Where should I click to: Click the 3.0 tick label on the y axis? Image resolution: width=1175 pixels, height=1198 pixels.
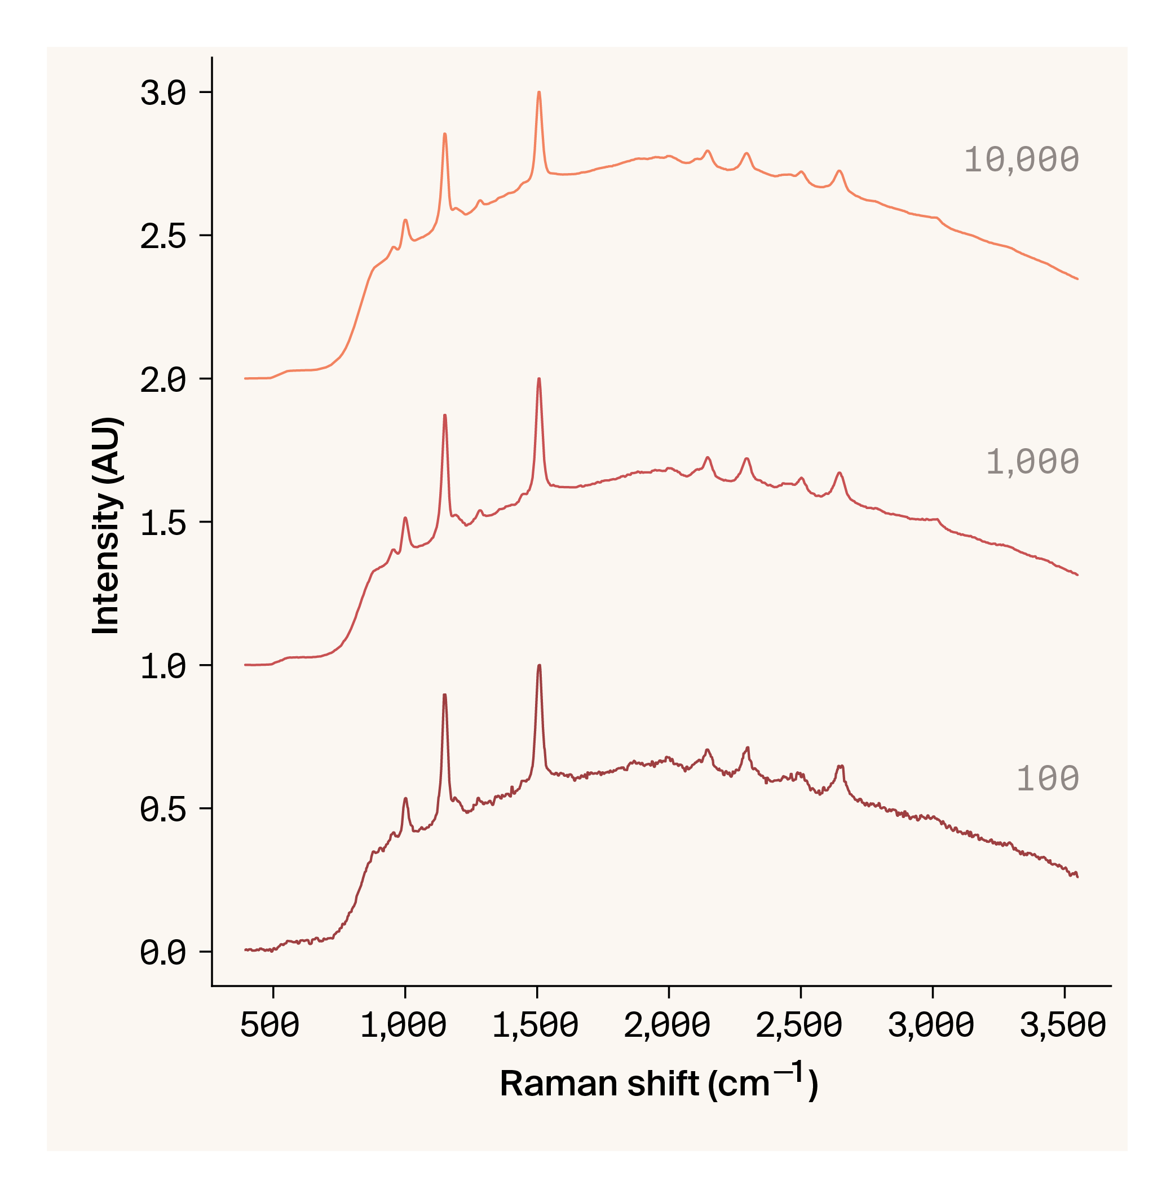pyautogui.click(x=163, y=93)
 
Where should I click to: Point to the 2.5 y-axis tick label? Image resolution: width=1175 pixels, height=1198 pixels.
pyautogui.click(x=163, y=236)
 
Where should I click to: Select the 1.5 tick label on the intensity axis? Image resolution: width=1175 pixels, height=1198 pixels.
pyautogui.click(x=163, y=523)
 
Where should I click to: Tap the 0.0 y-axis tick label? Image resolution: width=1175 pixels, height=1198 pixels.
pyautogui.click(x=163, y=952)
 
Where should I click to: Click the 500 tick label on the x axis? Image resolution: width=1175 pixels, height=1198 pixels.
pyautogui.click(x=270, y=1026)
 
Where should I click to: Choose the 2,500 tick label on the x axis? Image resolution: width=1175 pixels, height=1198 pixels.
pyautogui.click(x=799, y=1026)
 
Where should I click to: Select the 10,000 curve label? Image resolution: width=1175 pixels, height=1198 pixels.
pyautogui.click(x=1021, y=160)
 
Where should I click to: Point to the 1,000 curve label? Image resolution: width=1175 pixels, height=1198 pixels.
pyautogui.click(x=1032, y=462)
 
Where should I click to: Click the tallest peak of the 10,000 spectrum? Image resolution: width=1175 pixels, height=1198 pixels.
pyautogui.click(x=539, y=92)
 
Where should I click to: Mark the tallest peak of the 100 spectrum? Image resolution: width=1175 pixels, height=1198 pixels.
pyautogui.click(x=539, y=666)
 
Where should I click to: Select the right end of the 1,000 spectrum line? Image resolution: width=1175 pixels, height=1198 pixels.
pyautogui.click(x=1077, y=575)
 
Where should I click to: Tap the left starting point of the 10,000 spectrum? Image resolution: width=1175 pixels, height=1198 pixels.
pyautogui.click(x=245, y=378)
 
